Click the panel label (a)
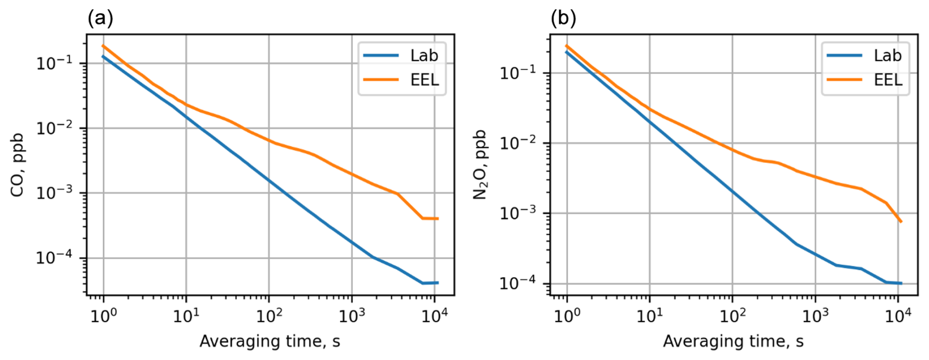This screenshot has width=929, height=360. [x=100, y=19]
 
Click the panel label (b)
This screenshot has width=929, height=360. [x=564, y=19]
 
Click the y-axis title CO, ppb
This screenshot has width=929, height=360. [x=18, y=165]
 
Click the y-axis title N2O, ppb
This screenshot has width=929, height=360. [x=480, y=165]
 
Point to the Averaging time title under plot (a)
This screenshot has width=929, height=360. [x=270, y=341]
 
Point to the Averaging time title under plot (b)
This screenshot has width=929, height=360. [x=733, y=341]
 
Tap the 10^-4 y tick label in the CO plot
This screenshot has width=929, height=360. [x=54, y=257]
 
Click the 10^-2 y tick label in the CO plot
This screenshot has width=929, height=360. [x=54, y=128]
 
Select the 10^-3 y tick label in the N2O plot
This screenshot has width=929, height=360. [x=518, y=213]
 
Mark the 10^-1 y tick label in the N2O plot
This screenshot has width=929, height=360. [x=518, y=73]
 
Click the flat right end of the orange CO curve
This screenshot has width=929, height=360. [x=432, y=219]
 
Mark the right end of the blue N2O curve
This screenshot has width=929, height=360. [x=901, y=283]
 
